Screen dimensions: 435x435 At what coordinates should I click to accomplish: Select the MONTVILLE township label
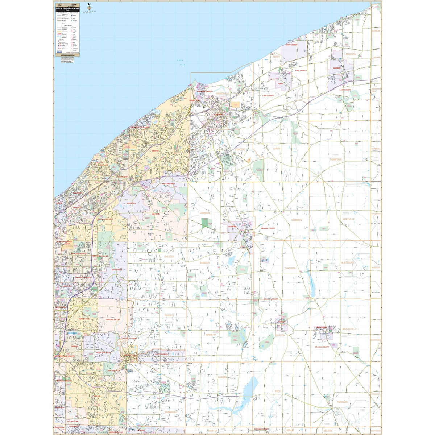point(348,219)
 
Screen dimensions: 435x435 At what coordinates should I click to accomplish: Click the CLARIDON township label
point(290,268)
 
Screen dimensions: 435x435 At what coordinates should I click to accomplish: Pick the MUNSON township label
point(205,262)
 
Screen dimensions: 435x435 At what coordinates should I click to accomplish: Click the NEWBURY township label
point(211,335)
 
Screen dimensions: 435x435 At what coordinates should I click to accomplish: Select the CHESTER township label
point(169,257)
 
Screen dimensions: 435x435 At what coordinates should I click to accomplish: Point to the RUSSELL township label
point(169,315)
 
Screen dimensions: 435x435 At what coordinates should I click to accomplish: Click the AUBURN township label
point(222,377)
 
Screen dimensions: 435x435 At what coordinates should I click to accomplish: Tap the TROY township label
point(278,391)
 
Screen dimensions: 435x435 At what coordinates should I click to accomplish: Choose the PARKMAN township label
point(342,402)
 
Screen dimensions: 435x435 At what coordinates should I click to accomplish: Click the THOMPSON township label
point(335,159)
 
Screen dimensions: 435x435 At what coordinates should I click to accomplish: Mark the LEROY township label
point(277,149)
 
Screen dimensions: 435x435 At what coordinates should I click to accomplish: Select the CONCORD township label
point(240,149)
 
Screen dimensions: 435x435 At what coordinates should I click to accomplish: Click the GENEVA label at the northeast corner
point(376,31)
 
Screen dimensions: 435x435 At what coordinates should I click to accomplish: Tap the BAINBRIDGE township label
point(170,412)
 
